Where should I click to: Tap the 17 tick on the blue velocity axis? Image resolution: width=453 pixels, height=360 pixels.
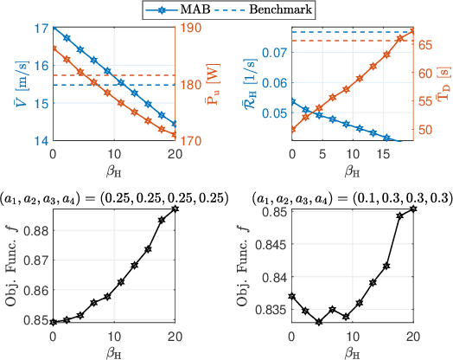pos(40,28)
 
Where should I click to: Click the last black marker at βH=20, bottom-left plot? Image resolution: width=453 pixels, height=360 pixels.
pos(175,209)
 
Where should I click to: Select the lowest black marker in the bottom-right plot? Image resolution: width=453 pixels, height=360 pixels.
pos(319,322)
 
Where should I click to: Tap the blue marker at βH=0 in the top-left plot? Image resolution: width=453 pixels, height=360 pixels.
pos(54,28)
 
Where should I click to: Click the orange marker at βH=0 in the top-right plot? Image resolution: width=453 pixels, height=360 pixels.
pos(292,130)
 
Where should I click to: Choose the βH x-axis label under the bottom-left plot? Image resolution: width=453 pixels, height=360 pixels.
pos(114,351)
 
